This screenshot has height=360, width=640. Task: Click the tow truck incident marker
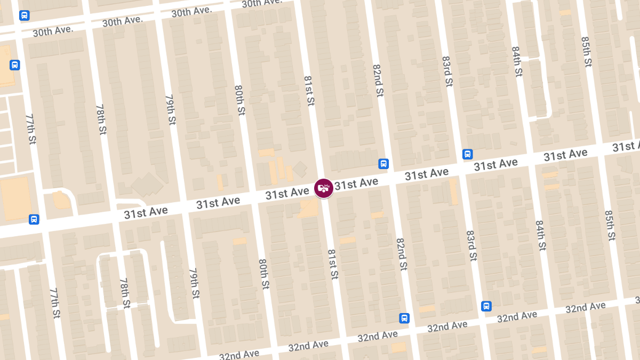click(324, 188)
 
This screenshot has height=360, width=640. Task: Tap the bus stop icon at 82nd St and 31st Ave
click(383, 163)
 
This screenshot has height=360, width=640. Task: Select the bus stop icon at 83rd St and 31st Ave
click(467, 154)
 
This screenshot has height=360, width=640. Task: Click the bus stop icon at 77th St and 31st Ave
click(34, 219)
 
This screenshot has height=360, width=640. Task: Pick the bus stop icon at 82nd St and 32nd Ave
click(404, 318)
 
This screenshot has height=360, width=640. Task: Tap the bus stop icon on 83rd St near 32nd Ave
click(486, 306)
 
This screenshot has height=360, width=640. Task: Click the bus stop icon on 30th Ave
click(24, 15)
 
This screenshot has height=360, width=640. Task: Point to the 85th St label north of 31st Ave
click(587, 52)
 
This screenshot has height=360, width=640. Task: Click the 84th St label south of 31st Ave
click(541, 235)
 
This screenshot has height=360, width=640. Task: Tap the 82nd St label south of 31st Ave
click(402, 253)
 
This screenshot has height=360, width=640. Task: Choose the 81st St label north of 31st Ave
click(309, 91)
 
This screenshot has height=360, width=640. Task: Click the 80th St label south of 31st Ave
click(263, 274)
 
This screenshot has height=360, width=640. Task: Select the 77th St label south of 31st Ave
click(54, 303)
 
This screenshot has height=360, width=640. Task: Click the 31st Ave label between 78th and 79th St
click(146, 212)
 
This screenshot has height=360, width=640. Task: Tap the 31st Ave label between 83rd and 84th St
click(496, 165)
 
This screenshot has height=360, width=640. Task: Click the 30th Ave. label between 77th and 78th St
click(52, 31)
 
